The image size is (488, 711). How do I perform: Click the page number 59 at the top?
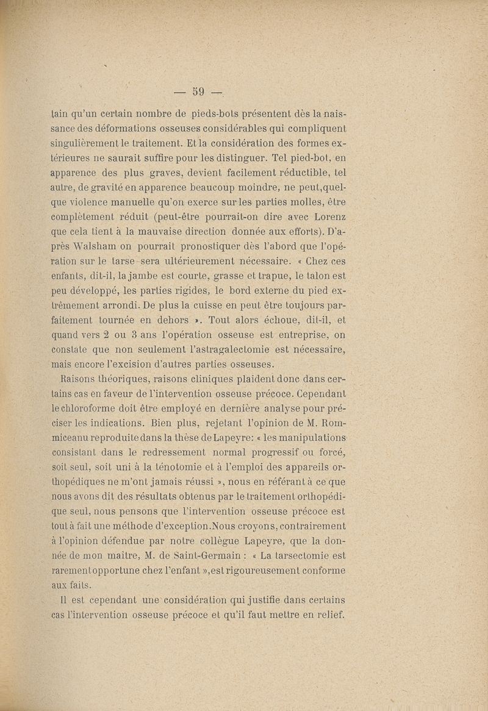(x=198, y=92)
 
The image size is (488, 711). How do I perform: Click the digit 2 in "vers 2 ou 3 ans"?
(x=104, y=335)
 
